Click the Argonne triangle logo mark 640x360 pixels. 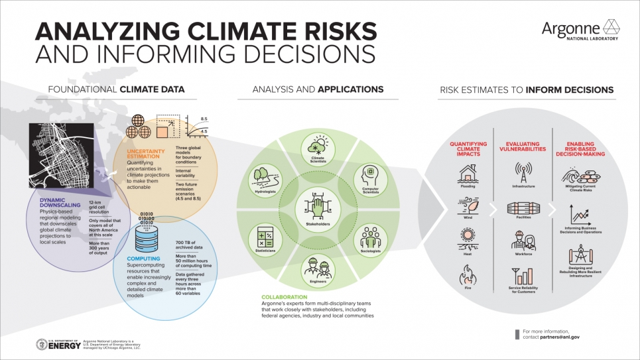click(x=611, y=27)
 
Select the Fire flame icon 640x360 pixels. click(x=468, y=274)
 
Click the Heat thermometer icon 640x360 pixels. click(x=468, y=238)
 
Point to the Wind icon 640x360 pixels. click(x=468, y=206)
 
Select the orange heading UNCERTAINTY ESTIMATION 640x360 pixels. click(x=144, y=154)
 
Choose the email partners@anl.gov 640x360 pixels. click(x=560, y=337)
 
